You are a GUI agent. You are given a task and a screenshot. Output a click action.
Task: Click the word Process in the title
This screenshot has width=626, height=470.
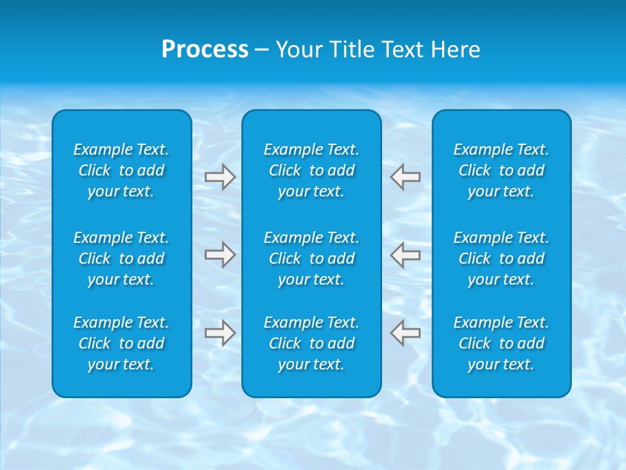click(205, 50)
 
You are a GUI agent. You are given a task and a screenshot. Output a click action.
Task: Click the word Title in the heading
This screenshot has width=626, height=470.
click(351, 50)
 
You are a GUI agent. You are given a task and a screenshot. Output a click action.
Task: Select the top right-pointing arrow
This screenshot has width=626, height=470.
click(220, 177)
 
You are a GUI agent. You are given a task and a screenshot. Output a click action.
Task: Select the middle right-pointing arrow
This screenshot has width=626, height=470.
click(220, 255)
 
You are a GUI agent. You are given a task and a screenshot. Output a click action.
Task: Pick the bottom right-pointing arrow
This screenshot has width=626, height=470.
click(220, 332)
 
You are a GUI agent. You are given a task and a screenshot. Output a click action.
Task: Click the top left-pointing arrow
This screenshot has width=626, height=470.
click(406, 177)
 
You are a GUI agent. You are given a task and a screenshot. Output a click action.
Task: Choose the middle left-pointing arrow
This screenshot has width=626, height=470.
click(406, 255)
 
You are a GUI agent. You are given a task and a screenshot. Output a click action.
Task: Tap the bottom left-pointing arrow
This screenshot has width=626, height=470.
click(406, 332)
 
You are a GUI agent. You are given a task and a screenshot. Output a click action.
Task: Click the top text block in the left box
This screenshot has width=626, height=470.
click(121, 170)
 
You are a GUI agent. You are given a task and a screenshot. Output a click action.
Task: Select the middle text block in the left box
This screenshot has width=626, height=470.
click(121, 258)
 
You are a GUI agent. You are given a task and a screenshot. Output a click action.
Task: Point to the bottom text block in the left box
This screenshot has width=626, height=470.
click(121, 343)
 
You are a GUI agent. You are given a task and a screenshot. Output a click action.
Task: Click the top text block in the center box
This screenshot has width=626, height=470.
click(311, 170)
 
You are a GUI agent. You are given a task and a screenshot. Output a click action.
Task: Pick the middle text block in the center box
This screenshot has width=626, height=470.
click(311, 258)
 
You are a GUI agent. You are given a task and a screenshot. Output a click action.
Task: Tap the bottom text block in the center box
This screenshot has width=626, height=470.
click(311, 343)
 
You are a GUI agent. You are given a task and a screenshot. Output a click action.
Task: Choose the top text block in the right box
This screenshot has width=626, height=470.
click(501, 170)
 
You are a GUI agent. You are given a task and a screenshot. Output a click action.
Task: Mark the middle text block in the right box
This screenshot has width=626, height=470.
click(501, 258)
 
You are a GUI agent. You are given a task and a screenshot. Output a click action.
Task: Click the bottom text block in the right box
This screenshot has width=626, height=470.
click(501, 343)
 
